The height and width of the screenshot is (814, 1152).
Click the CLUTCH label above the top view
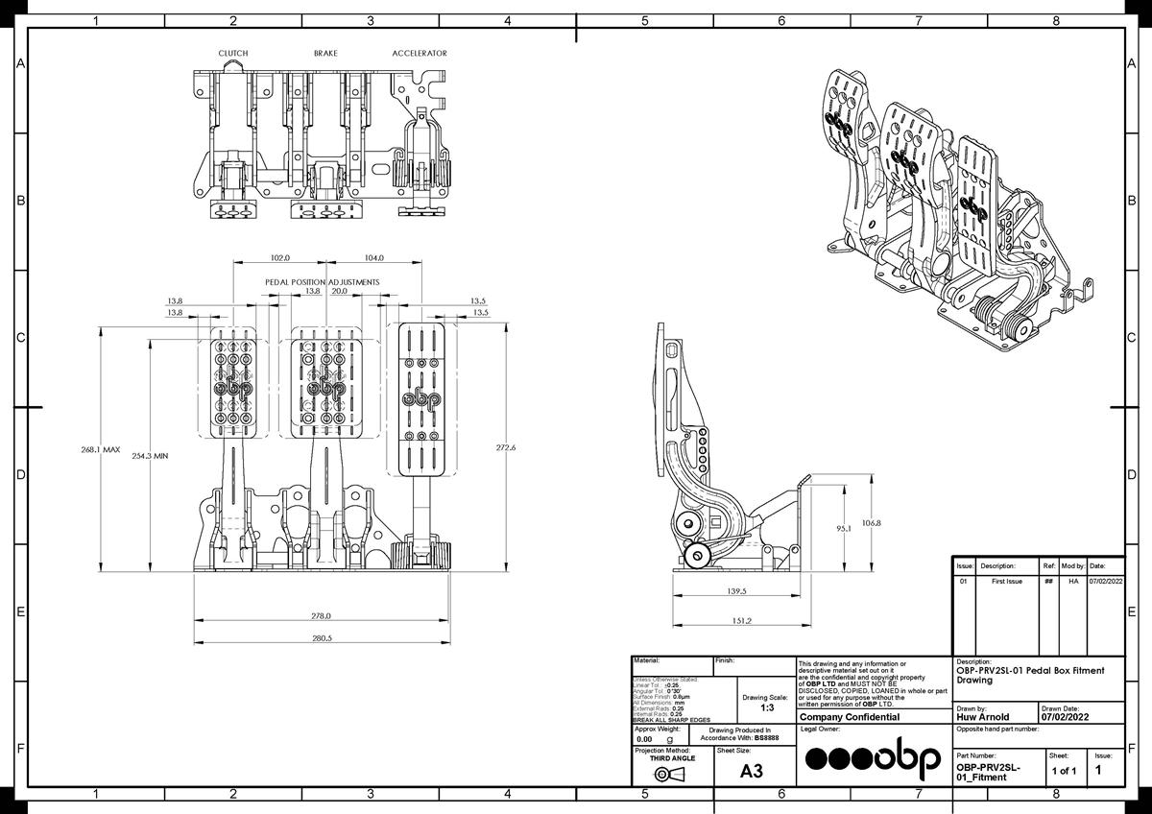tap(233, 54)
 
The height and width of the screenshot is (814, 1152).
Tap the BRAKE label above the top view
tap(325, 54)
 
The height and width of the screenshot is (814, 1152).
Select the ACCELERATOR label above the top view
tap(420, 54)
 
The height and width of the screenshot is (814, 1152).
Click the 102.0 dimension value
tap(279, 258)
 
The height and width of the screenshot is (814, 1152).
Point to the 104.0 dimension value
tap(374, 258)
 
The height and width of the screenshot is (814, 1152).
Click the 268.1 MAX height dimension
tap(100, 448)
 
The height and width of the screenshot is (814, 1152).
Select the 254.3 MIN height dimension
tap(149, 456)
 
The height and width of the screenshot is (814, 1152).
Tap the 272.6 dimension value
tap(506, 448)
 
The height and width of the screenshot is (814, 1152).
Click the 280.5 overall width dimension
tap(321, 638)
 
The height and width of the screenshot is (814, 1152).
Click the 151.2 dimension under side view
tap(741, 621)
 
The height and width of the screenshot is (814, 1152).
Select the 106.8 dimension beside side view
tap(870, 523)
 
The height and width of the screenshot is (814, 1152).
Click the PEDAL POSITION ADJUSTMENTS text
tap(323, 282)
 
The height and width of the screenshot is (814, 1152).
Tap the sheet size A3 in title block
tap(753, 771)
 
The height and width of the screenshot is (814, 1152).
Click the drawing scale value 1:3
tap(767, 707)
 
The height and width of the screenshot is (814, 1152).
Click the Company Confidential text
tap(849, 717)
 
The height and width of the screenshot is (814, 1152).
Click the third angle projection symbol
tap(670, 775)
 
